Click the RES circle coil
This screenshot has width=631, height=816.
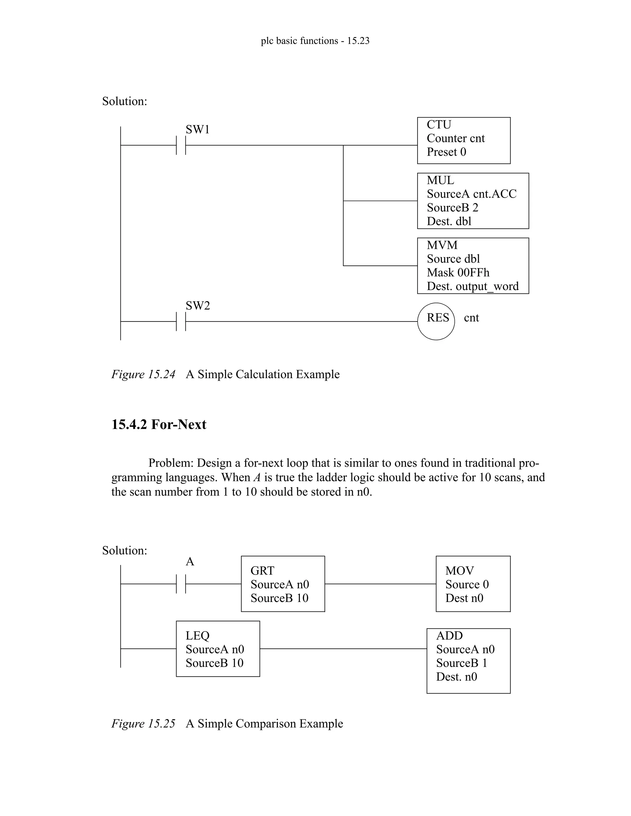coord(436,321)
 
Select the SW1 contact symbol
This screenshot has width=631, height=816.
coord(181,145)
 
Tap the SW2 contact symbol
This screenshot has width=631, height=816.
coord(181,321)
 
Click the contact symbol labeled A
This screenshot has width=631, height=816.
coord(181,584)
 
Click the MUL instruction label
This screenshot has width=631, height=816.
coord(440,180)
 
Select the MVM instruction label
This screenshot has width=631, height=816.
coord(442,245)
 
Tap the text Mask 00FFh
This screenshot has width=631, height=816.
coord(458,273)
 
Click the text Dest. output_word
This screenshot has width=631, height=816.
coord(473,286)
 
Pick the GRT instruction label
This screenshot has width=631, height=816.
coord(262,571)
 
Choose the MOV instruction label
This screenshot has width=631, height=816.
coord(459,571)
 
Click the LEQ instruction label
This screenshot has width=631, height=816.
coord(197,635)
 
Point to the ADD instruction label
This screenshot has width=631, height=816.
coord(449,635)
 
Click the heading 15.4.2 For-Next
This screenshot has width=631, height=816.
coord(159,424)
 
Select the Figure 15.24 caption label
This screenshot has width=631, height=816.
coord(143,374)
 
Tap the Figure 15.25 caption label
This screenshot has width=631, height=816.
coord(143,723)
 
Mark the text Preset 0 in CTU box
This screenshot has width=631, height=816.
coord(446,152)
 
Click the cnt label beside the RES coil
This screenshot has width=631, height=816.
coord(471,317)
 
